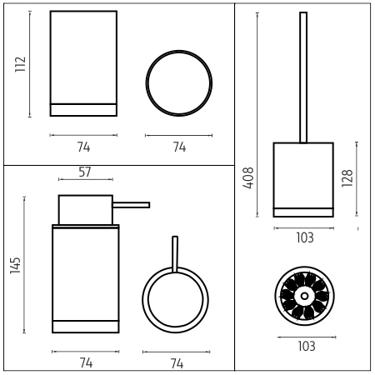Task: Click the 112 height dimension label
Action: [x=20, y=64]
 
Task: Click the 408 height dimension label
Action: [x=248, y=178]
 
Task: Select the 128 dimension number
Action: [x=347, y=178]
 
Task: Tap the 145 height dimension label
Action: [x=15, y=266]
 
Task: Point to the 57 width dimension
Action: [x=85, y=172]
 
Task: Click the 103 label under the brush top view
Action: [x=307, y=347]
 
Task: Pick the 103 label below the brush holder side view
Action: [x=305, y=237]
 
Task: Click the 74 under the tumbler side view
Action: [x=83, y=147]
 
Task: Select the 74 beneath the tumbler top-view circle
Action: [x=179, y=147]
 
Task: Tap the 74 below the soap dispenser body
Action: [x=86, y=362]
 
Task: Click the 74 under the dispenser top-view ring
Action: [x=177, y=363]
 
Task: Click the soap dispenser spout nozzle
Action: [x=132, y=205]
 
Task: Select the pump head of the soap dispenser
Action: [x=86, y=210]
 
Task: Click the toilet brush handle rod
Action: [x=303, y=77]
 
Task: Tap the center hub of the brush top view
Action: [x=304, y=296]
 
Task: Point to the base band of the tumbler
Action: [x=83, y=110]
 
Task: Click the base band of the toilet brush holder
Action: [x=303, y=212]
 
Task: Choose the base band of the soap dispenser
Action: [x=86, y=327]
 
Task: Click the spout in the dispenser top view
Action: [x=175, y=254]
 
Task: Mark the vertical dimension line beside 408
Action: [x=257, y=115]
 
